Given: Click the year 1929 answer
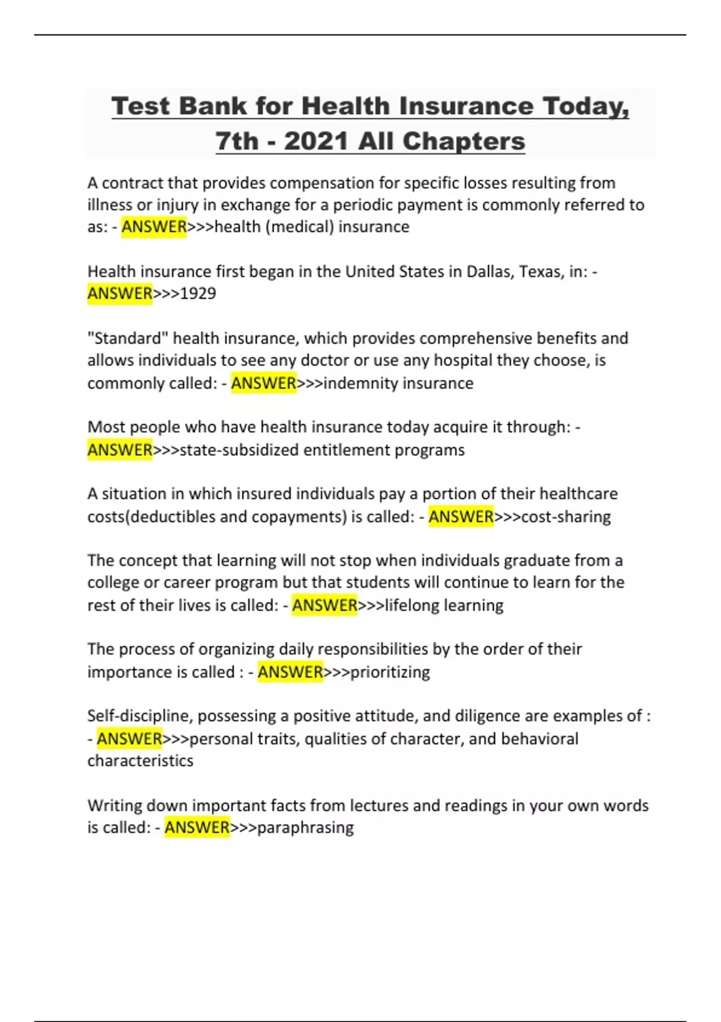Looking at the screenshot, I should point(198,293).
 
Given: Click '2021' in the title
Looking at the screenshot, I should point(316,141).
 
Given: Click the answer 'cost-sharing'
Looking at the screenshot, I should point(566,516).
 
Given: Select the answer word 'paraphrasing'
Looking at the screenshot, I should point(305,827).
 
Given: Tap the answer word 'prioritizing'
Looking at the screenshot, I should point(390,672).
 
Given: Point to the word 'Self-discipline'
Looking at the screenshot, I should point(138,716).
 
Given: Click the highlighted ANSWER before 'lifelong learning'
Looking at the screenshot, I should point(324,605).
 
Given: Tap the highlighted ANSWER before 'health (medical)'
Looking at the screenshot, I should point(154,227).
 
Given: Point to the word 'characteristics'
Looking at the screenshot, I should point(141,760).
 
